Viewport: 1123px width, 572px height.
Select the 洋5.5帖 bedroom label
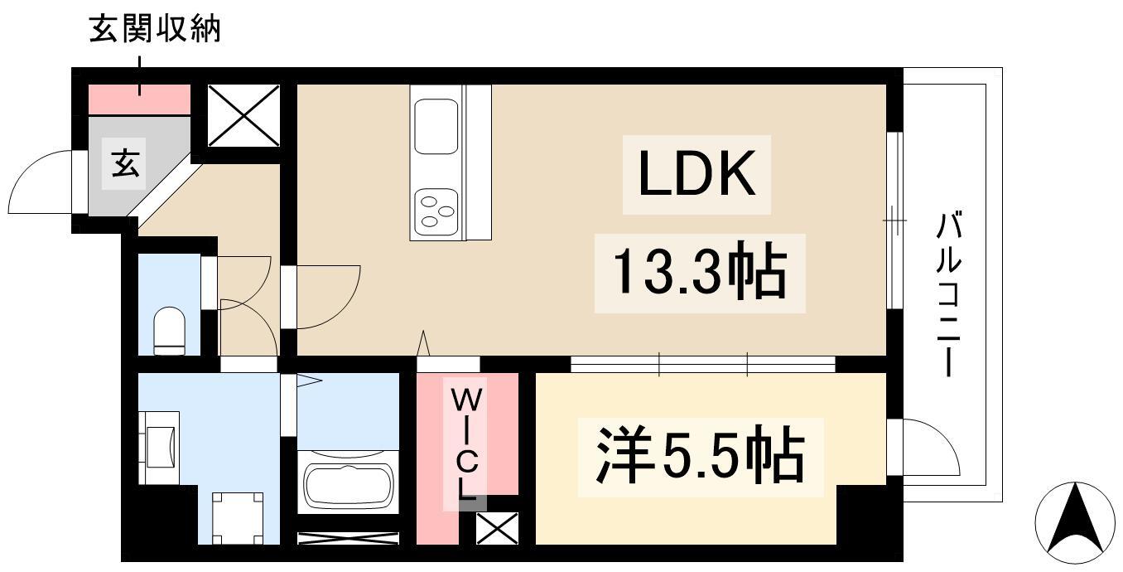click(700, 456)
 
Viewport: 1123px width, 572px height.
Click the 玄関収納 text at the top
click(155, 31)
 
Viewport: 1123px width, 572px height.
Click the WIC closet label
click(466, 444)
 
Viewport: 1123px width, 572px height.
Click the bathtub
click(348, 484)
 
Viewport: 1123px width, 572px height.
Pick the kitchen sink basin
click(436, 126)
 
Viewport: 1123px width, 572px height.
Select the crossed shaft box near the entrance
click(243, 115)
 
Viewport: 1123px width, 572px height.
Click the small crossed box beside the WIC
click(497, 528)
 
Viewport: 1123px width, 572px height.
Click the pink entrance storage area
click(140, 99)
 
